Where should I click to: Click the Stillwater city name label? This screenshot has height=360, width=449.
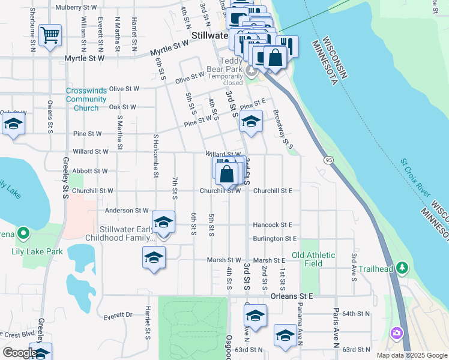point(209,35)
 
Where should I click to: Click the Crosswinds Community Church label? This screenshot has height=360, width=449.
point(86,99)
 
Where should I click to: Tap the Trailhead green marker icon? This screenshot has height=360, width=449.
point(403,268)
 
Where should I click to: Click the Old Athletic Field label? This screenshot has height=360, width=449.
point(314,259)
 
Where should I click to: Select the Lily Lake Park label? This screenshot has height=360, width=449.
point(37,251)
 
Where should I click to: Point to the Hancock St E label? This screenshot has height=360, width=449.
point(273,224)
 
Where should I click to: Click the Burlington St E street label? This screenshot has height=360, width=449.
point(276,238)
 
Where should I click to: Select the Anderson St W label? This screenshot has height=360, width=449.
point(126,211)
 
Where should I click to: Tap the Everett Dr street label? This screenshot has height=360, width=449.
point(117,314)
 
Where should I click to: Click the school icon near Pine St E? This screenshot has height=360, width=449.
point(251,122)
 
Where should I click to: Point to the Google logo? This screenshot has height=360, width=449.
point(19,353)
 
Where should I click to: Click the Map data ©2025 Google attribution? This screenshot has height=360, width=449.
point(412,355)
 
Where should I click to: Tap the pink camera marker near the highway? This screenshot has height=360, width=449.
point(396,332)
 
